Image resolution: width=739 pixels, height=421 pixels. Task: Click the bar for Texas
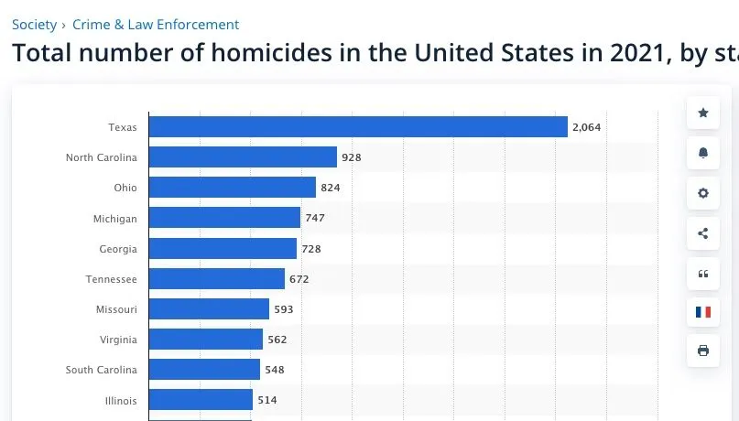[358, 127]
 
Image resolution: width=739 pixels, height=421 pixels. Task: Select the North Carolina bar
[243, 157]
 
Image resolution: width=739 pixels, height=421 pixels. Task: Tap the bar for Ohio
[232, 188]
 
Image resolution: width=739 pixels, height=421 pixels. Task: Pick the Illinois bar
[201, 400]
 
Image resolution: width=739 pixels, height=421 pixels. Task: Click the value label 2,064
[586, 127]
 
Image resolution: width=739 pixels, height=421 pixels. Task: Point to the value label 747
[315, 218]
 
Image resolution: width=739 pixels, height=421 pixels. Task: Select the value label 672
[299, 278]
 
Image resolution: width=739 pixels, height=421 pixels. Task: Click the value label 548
[275, 370]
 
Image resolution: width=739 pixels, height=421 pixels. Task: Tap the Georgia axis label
[118, 249]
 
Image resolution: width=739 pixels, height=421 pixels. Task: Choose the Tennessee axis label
[113, 279]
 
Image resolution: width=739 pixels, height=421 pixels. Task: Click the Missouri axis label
[116, 309]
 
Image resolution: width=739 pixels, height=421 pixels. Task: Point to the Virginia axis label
[118, 340]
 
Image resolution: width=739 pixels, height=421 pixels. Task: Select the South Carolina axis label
[101, 370]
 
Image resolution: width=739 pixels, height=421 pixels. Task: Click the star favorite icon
[703, 113]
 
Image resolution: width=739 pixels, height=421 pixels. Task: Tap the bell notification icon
[703, 153]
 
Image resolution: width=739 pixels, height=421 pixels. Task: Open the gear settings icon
[703, 193]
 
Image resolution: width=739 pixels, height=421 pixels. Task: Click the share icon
[703, 233]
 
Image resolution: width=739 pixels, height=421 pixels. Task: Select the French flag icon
[703, 312]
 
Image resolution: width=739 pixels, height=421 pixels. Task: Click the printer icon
[703, 351]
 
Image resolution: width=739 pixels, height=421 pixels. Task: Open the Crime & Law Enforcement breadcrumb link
[156, 25]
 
